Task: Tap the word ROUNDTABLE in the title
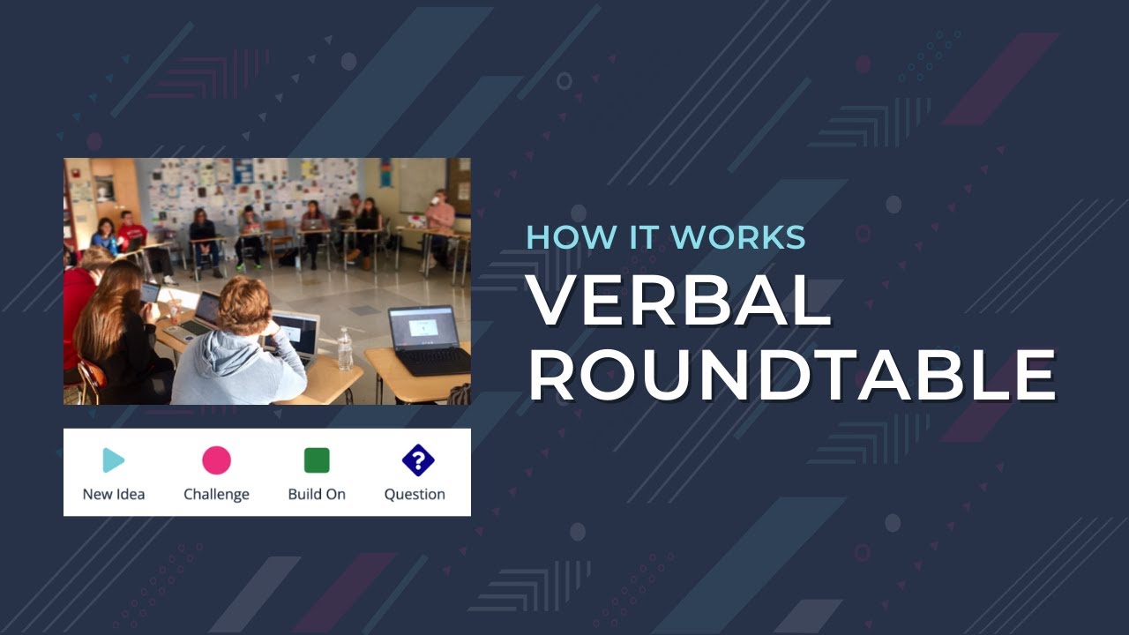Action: click(x=791, y=375)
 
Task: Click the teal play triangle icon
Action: click(x=113, y=460)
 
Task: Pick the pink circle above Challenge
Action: click(x=216, y=460)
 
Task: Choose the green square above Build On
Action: click(x=317, y=460)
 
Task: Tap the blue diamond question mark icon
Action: click(x=417, y=460)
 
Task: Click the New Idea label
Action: click(x=114, y=494)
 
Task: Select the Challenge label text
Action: click(x=216, y=494)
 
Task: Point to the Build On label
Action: click(x=317, y=494)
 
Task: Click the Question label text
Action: click(x=415, y=494)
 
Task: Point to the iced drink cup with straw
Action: click(x=174, y=304)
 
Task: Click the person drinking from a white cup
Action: click(x=439, y=216)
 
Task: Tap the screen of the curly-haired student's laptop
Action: click(x=295, y=332)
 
